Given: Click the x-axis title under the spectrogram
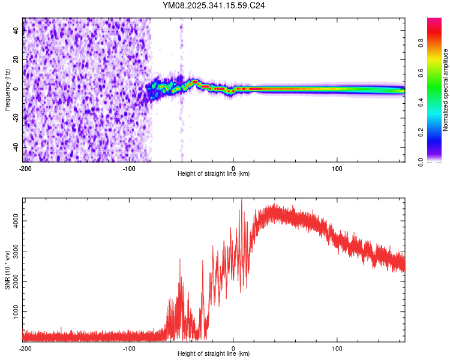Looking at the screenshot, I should point(214,174).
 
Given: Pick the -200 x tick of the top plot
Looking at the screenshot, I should point(25,167).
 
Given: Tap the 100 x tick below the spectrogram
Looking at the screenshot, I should point(337,167).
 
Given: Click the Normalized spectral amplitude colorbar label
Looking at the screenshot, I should point(446,90).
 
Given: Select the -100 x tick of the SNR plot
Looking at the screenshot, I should point(129,348).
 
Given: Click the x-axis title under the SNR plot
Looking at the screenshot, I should point(214,354).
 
